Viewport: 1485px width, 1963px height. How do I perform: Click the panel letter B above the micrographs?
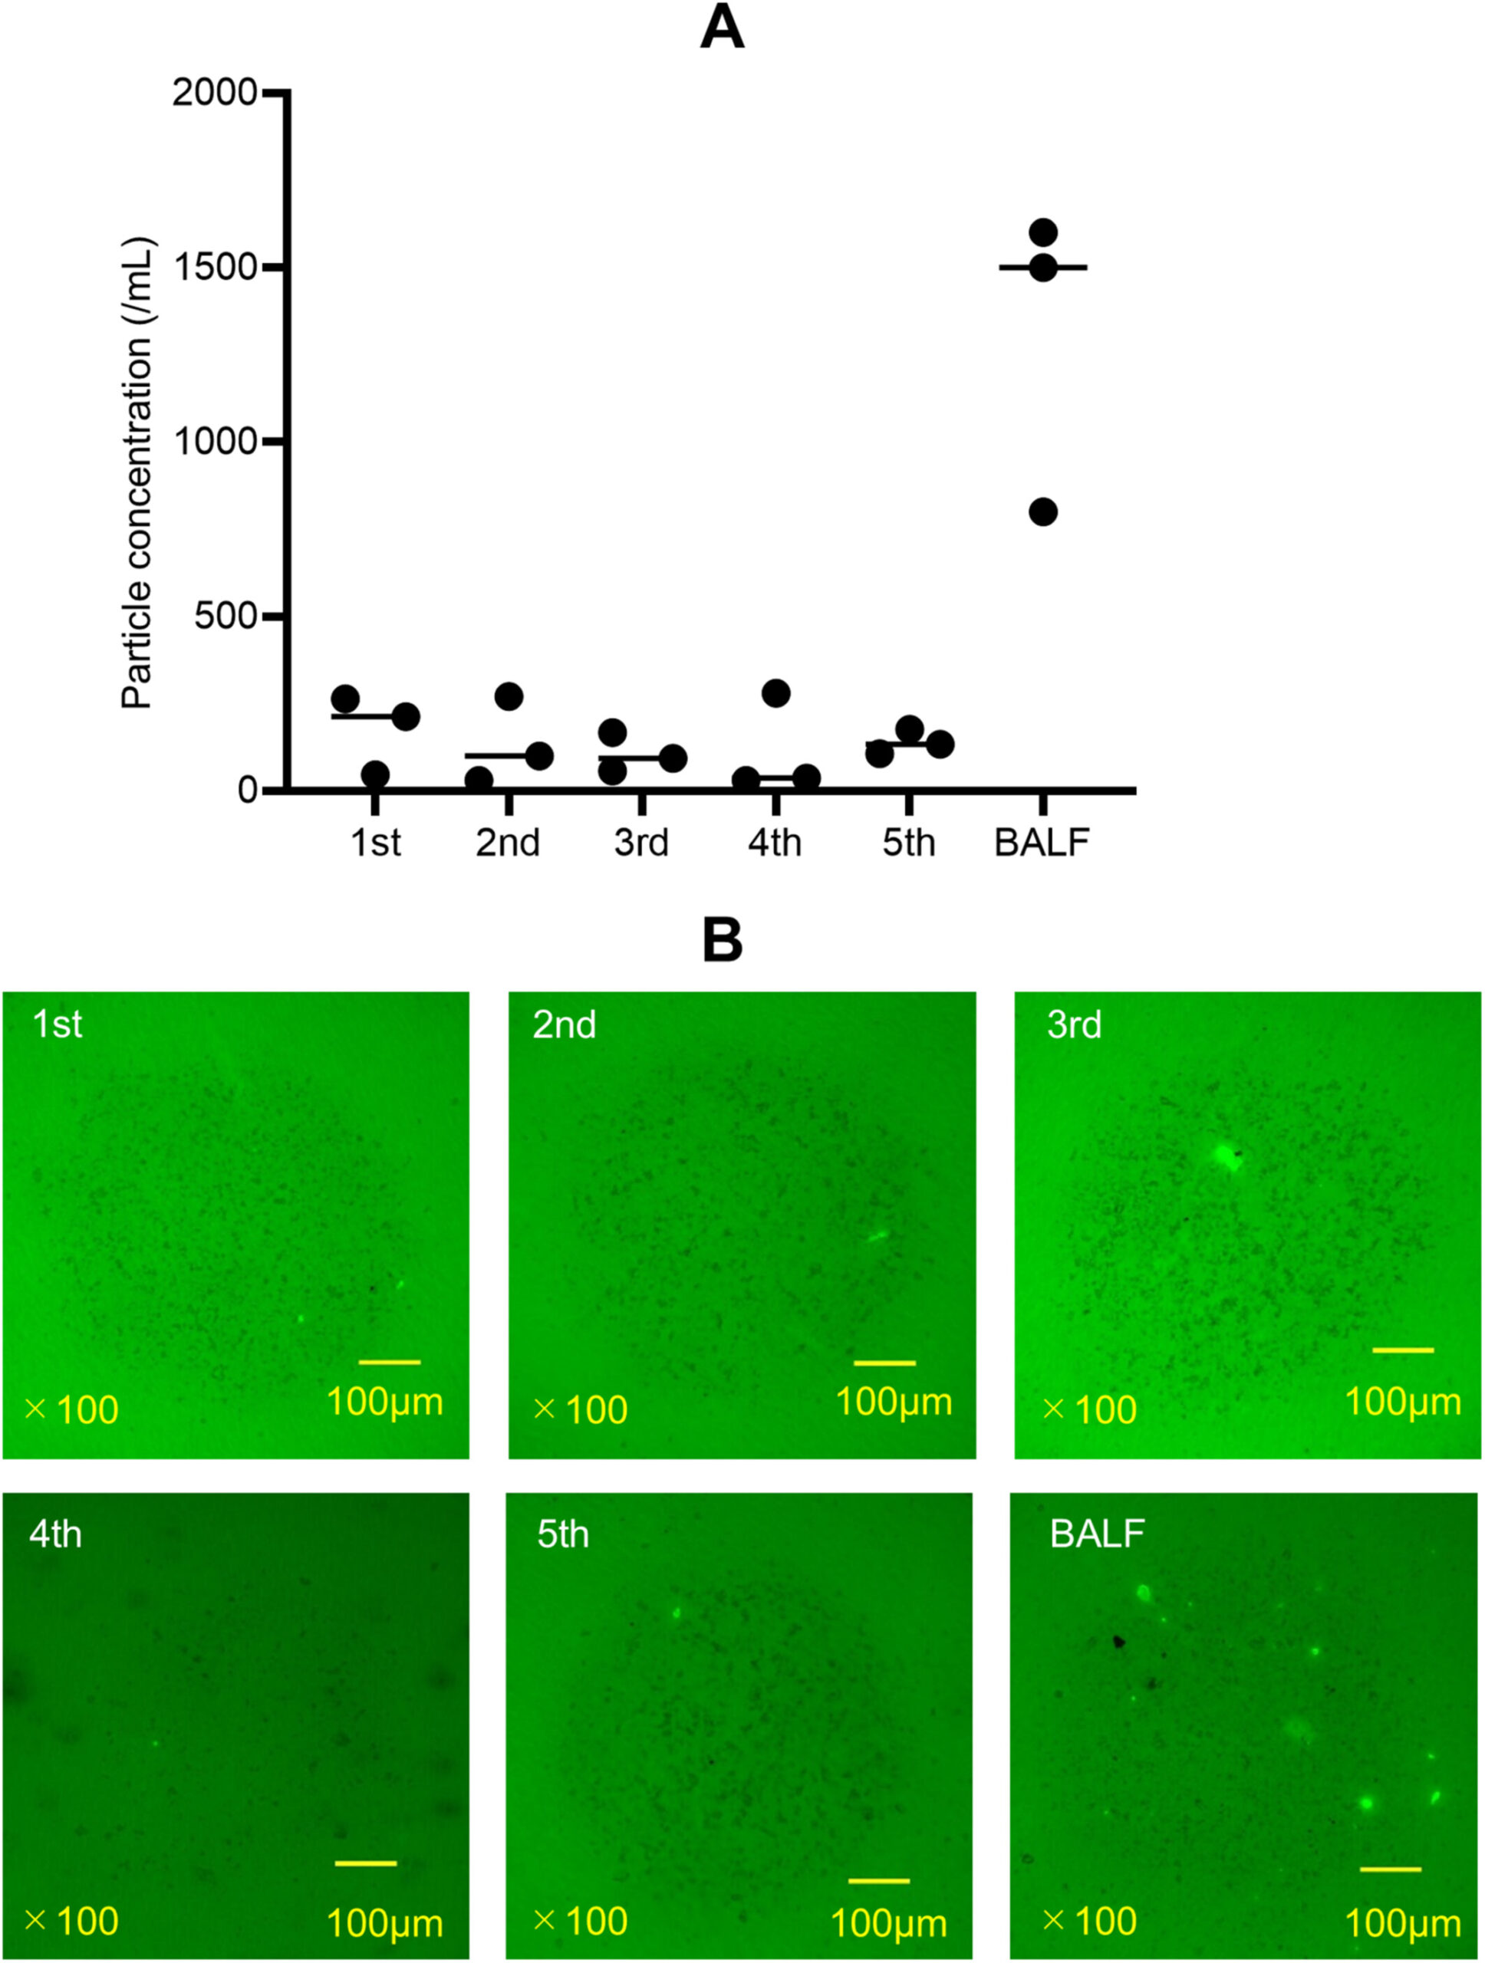(x=722, y=940)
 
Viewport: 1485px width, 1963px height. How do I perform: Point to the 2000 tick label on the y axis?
(x=214, y=91)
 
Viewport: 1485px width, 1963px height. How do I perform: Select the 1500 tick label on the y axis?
(x=214, y=266)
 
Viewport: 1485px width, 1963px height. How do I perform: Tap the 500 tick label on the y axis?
(x=225, y=616)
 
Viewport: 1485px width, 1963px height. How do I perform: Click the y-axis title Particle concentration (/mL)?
(x=137, y=473)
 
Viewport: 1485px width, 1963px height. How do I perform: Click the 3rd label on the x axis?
(x=641, y=842)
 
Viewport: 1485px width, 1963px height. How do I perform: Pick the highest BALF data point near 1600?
(x=1043, y=232)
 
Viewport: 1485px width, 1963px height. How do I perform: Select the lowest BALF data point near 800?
(x=1043, y=512)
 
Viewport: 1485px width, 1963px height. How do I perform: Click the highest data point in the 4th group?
(x=775, y=693)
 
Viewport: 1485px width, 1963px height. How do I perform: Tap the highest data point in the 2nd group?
(x=509, y=696)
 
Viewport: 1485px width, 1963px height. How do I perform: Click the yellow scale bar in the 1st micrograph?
(x=390, y=1361)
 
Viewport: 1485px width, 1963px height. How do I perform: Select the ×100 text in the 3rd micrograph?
(x=1089, y=1410)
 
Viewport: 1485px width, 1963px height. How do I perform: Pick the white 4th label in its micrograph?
(x=55, y=1534)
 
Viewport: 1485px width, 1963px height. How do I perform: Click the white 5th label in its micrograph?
(x=563, y=1534)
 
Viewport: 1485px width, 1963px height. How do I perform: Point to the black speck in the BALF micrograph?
(x=1118, y=1642)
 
